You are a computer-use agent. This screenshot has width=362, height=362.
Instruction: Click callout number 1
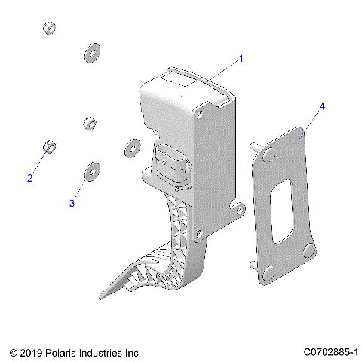pos(241,58)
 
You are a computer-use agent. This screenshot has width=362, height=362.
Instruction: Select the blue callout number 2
pos(30,179)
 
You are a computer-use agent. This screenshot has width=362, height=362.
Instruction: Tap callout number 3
pos(72,203)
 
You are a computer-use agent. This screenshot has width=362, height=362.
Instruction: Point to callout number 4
pos(322,107)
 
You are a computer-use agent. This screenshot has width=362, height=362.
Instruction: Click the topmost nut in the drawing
pos(49,29)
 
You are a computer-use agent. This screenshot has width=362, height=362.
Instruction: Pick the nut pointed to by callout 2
pos(48,145)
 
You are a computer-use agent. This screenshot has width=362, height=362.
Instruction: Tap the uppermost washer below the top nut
pos(93,53)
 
